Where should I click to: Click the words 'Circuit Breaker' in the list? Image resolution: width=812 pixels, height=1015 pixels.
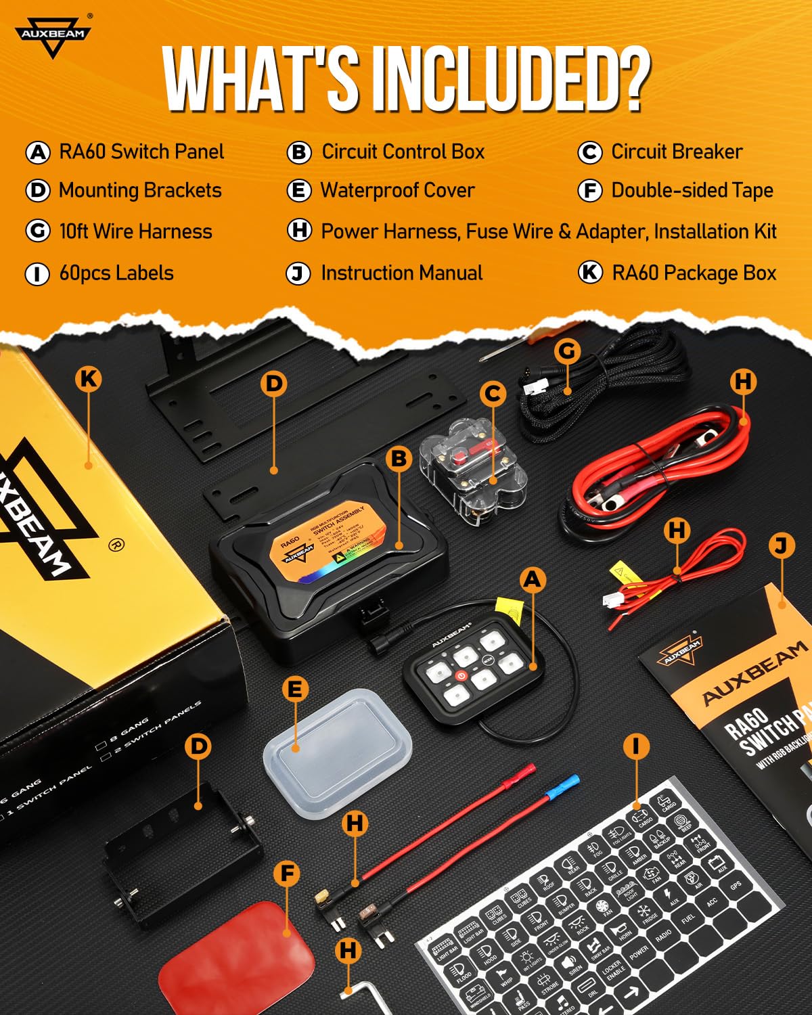pyautogui.click(x=677, y=152)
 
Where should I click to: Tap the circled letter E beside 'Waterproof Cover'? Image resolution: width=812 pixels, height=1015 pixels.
pyautogui.click(x=298, y=191)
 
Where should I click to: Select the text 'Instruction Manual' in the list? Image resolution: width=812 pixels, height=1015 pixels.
pyautogui.click(x=401, y=273)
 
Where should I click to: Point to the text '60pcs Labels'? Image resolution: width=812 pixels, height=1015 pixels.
pyautogui.click(x=116, y=273)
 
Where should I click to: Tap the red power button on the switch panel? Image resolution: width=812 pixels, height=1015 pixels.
pyautogui.click(x=461, y=675)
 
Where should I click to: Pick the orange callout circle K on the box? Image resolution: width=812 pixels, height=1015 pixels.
pyautogui.click(x=89, y=378)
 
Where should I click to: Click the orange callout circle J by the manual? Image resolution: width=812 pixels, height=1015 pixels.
pyautogui.click(x=782, y=545)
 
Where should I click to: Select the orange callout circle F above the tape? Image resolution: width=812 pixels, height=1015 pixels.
pyautogui.click(x=287, y=874)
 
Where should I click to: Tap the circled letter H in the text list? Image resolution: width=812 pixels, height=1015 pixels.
pyautogui.click(x=299, y=230)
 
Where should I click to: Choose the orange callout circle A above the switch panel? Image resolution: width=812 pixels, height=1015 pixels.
pyautogui.click(x=533, y=579)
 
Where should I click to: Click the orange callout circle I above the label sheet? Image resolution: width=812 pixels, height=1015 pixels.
pyautogui.click(x=635, y=746)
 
